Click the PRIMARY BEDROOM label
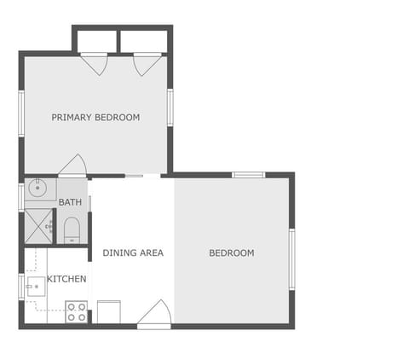click(95, 117)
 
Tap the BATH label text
click(70, 202)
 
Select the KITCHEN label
click(66, 279)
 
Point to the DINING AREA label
click(133, 253)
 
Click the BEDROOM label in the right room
click(232, 253)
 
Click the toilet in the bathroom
click(72, 229)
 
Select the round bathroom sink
click(37, 188)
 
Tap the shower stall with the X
click(37, 226)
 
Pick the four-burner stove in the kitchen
click(76, 311)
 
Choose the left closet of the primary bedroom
click(95, 41)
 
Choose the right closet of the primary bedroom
click(144, 41)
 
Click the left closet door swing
click(94, 64)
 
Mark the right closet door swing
click(147, 64)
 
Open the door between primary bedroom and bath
click(72, 166)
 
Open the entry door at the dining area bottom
click(154, 313)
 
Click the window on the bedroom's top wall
click(248, 175)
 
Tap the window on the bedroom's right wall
click(291, 258)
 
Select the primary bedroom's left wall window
click(21, 113)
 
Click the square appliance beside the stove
click(108, 311)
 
